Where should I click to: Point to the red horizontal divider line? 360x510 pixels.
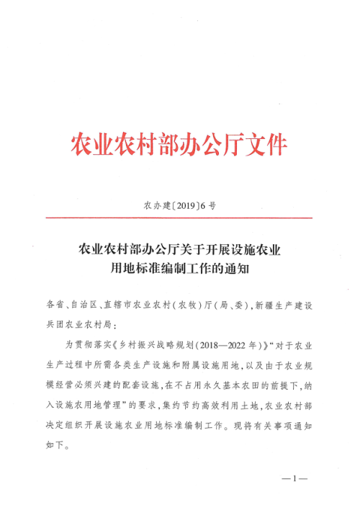[179, 218]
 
